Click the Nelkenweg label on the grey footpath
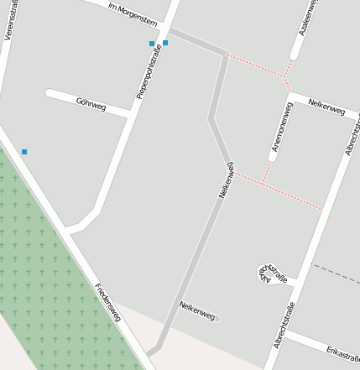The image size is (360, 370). [x=224, y=178]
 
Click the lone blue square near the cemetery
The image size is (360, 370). [x=24, y=152]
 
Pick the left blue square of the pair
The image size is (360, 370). [x=152, y=44]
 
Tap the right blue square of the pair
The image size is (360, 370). [x=165, y=43]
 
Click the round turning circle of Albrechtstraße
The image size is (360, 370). [x=267, y=272]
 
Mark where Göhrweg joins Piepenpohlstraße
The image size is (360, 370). [x=130, y=113]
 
